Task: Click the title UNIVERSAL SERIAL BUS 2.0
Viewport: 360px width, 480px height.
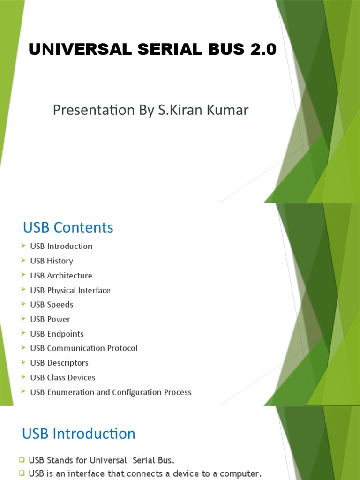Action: [x=153, y=49]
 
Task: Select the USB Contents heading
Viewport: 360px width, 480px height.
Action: [x=68, y=227]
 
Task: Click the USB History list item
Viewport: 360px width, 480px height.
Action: [x=52, y=261]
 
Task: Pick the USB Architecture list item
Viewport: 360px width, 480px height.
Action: [x=61, y=275]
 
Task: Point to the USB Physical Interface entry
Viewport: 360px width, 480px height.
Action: [x=70, y=290]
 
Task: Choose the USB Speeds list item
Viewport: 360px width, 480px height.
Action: [x=52, y=305]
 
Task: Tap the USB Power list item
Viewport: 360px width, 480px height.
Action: [x=50, y=319]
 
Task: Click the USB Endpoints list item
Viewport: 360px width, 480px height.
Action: [x=57, y=334]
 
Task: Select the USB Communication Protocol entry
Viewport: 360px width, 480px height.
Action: [x=83, y=348]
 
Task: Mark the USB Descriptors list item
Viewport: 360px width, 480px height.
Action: [x=59, y=363]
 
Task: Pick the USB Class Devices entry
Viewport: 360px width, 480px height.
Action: [x=62, y=377]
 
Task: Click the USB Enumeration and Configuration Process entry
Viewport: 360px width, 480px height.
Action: [x=111, y=392]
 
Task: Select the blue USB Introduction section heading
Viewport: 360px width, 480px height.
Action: [x=79, y=434]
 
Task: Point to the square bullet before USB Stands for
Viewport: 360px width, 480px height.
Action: [x=22, y=460]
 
